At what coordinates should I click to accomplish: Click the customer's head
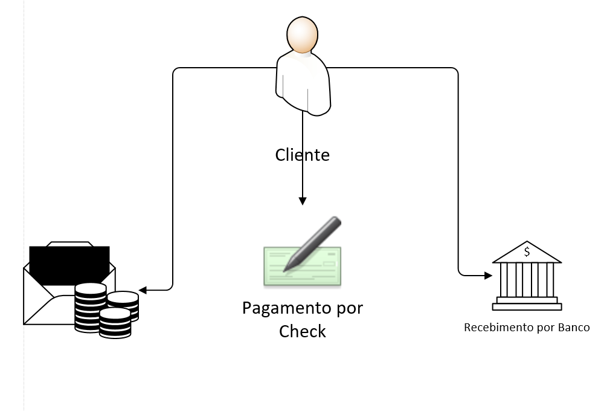303,36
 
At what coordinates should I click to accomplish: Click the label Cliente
303,155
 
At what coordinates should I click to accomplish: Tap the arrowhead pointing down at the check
303,200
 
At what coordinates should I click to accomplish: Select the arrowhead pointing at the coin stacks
143,290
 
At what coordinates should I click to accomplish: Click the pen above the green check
314,242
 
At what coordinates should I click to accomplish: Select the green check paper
302,266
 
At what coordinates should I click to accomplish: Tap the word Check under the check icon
303,331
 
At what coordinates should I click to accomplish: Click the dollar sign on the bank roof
527,251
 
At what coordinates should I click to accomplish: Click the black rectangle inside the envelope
69,263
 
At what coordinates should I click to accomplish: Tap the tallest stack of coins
90,305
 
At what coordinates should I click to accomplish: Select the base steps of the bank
527,303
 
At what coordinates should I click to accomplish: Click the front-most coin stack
115,323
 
